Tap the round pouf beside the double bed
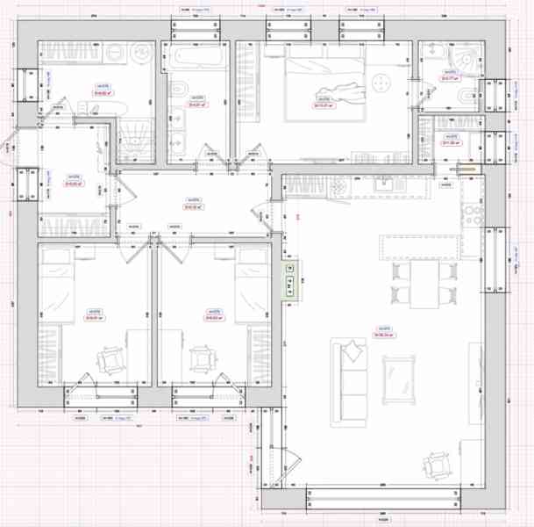coord(381,83)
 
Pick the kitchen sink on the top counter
coord(382,184)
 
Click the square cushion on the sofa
coord(352,352)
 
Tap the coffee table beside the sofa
coord(399,376)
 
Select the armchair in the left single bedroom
coord(112,360)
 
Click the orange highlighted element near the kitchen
coord(462,170)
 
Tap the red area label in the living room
coord(382,335)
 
